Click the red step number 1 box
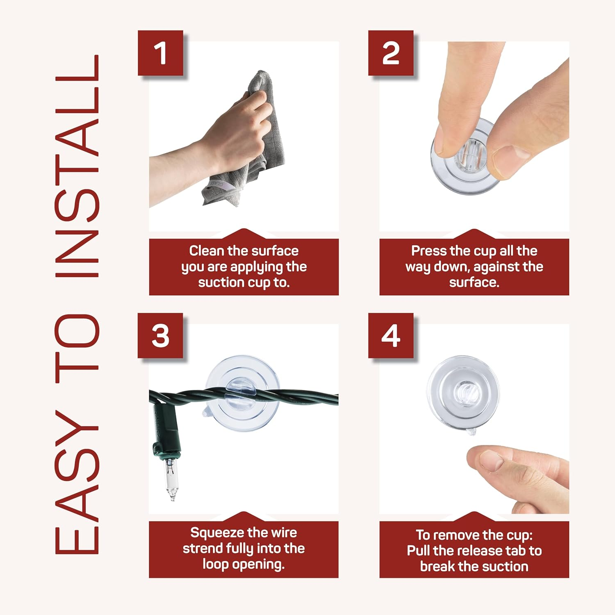pos(160,53)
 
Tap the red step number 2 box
pos(391,53)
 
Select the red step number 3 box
pos(160,335)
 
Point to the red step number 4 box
pos(391,335)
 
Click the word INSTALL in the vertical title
pos(77,166)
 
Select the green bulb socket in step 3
pos(166,430)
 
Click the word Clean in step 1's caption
pos(207,251)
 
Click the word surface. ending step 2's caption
pos(474,282)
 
